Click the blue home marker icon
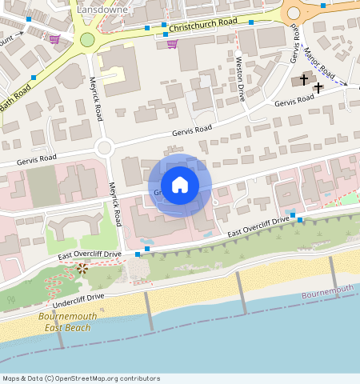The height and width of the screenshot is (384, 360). (180, 185)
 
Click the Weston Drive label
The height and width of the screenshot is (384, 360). (239, 77)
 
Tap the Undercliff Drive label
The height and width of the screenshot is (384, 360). (78, 302)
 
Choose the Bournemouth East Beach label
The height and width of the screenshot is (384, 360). (67, 322)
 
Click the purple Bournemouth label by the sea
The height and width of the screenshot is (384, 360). (327, 293)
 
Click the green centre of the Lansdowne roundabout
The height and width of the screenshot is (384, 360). (87, 39)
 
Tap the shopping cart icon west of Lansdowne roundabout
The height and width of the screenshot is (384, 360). (54, 38)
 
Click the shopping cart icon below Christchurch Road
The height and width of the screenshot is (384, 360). (172, 43)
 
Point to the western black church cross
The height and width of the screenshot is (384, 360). (303, 78)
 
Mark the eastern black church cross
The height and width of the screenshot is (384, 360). (318, 86)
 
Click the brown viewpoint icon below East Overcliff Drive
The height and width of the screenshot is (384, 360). (82, 268)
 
